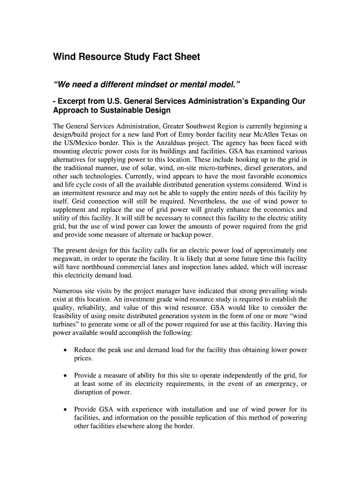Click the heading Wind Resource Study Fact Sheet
click(x=126, y=57)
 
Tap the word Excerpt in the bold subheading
click(x=75, y=102)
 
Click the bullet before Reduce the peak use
click(x=65, y=350)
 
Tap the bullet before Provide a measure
click(x=65, y=376)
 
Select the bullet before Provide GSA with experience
click(x=65, y=409)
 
